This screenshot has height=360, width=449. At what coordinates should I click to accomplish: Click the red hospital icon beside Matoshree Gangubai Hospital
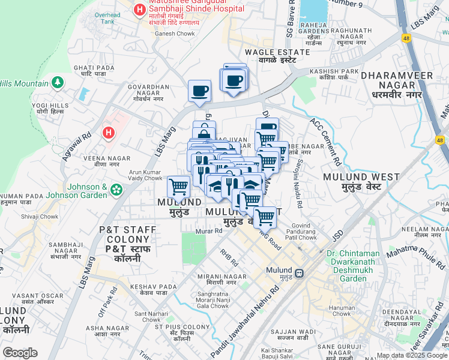click(139, 10)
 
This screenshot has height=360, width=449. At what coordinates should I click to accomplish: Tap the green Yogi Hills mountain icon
click(58, 82)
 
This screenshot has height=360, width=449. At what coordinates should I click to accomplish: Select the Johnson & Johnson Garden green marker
click(116, 190)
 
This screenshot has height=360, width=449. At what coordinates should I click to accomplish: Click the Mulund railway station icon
click(299, 272)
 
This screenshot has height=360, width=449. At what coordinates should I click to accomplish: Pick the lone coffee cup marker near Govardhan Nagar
click(199, 91)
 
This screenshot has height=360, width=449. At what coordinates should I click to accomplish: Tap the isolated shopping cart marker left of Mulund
click(178, 187)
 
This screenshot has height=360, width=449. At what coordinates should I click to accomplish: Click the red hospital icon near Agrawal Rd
click(109, 133)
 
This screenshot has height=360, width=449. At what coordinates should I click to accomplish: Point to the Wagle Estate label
click(277, 56)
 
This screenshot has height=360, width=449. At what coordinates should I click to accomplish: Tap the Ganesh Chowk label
click(175, 34)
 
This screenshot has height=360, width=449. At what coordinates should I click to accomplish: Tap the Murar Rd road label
click(209, 231)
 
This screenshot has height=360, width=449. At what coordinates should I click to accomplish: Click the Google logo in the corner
click(20, 353)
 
